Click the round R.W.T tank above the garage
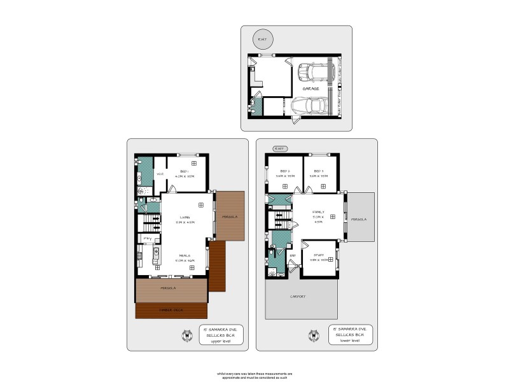coord(261,39)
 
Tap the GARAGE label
coord(310,89)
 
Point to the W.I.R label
coord(161,173)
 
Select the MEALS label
coord(185,255)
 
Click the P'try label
coord(147,239)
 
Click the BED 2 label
coord(284,171)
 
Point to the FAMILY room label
coord(318,212)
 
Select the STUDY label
coord(319,255)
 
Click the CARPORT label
coord(298,297)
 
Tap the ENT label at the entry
coord(293,256)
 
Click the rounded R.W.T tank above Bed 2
coord(278,149)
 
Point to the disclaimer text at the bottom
coord(254,376)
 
